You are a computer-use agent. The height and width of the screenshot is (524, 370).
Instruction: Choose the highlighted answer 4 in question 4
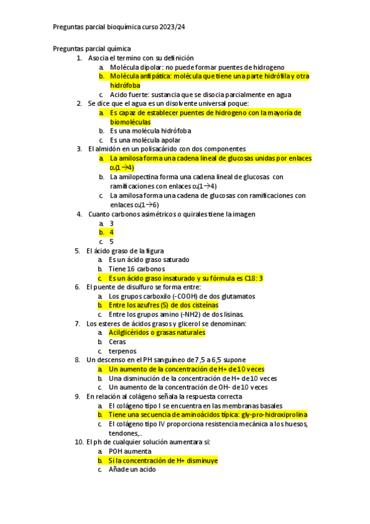pyautogui.click(x=111, y=232)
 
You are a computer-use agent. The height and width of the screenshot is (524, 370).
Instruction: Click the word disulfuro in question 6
pyautogui.click(x=135, y=287)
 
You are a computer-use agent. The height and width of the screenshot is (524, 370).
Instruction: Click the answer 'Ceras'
pyautogui.click(x=117, y=342)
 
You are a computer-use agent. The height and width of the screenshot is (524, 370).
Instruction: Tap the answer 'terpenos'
pyautogui.click(x=122, y=351)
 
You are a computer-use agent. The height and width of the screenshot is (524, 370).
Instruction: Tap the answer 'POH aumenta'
pyautogui.click(x=129, y=451)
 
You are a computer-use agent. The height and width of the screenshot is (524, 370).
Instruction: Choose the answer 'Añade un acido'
pyautogui.click(x=132, y=470)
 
